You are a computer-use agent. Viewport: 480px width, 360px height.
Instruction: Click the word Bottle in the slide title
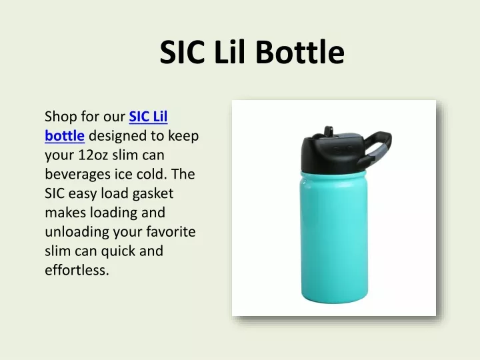300,52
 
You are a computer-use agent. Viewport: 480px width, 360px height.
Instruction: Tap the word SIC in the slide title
182,52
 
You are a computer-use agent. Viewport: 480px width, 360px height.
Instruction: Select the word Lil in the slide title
230,51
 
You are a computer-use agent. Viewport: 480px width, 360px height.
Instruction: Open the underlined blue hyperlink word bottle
65,135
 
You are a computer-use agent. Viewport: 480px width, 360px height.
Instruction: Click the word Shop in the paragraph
61,117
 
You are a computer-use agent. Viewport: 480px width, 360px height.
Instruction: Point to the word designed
117,135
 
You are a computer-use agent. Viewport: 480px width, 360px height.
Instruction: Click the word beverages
78,175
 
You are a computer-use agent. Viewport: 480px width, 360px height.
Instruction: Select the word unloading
77,232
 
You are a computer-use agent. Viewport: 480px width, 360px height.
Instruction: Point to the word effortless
77,270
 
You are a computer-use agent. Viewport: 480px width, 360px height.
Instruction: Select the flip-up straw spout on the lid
329,131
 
